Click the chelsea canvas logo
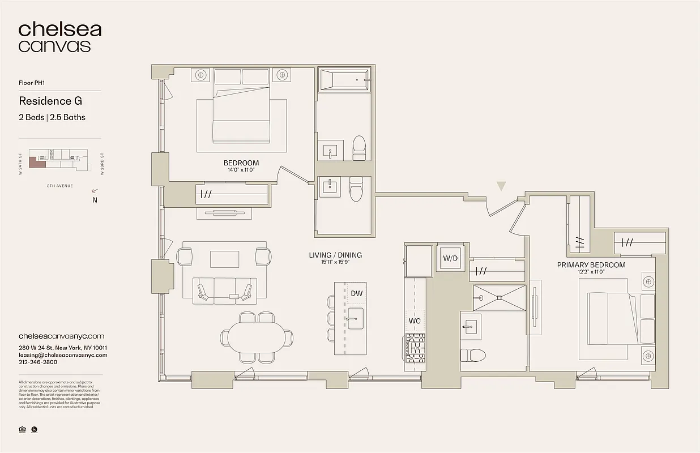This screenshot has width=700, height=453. click(x=59, y=37)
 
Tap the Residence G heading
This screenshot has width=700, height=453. click(x=50, y=101)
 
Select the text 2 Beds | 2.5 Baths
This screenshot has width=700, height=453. click(x=52, y=117)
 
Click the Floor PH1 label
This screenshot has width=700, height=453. click(x=32, y=82)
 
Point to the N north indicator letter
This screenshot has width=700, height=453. click(x=95, y=200)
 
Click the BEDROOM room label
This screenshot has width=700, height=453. click(x=241, y=163)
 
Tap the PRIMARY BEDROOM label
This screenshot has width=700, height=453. click(x=591, y=265)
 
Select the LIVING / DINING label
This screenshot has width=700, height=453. click(x=335, y=255)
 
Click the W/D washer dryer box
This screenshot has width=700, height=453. click(x=450, y=258)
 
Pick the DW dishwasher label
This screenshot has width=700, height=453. click(x=356, y=293)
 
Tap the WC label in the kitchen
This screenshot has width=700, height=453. click(x=415, y=321)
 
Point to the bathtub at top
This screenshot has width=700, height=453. click(x=344, y=80)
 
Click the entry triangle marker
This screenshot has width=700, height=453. click(x=501, y=186)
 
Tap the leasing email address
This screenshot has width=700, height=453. click(x=63, y=355)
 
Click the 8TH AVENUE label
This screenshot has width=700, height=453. click(x=59, y=186)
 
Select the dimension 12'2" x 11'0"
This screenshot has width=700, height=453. click(x=591, y=272)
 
